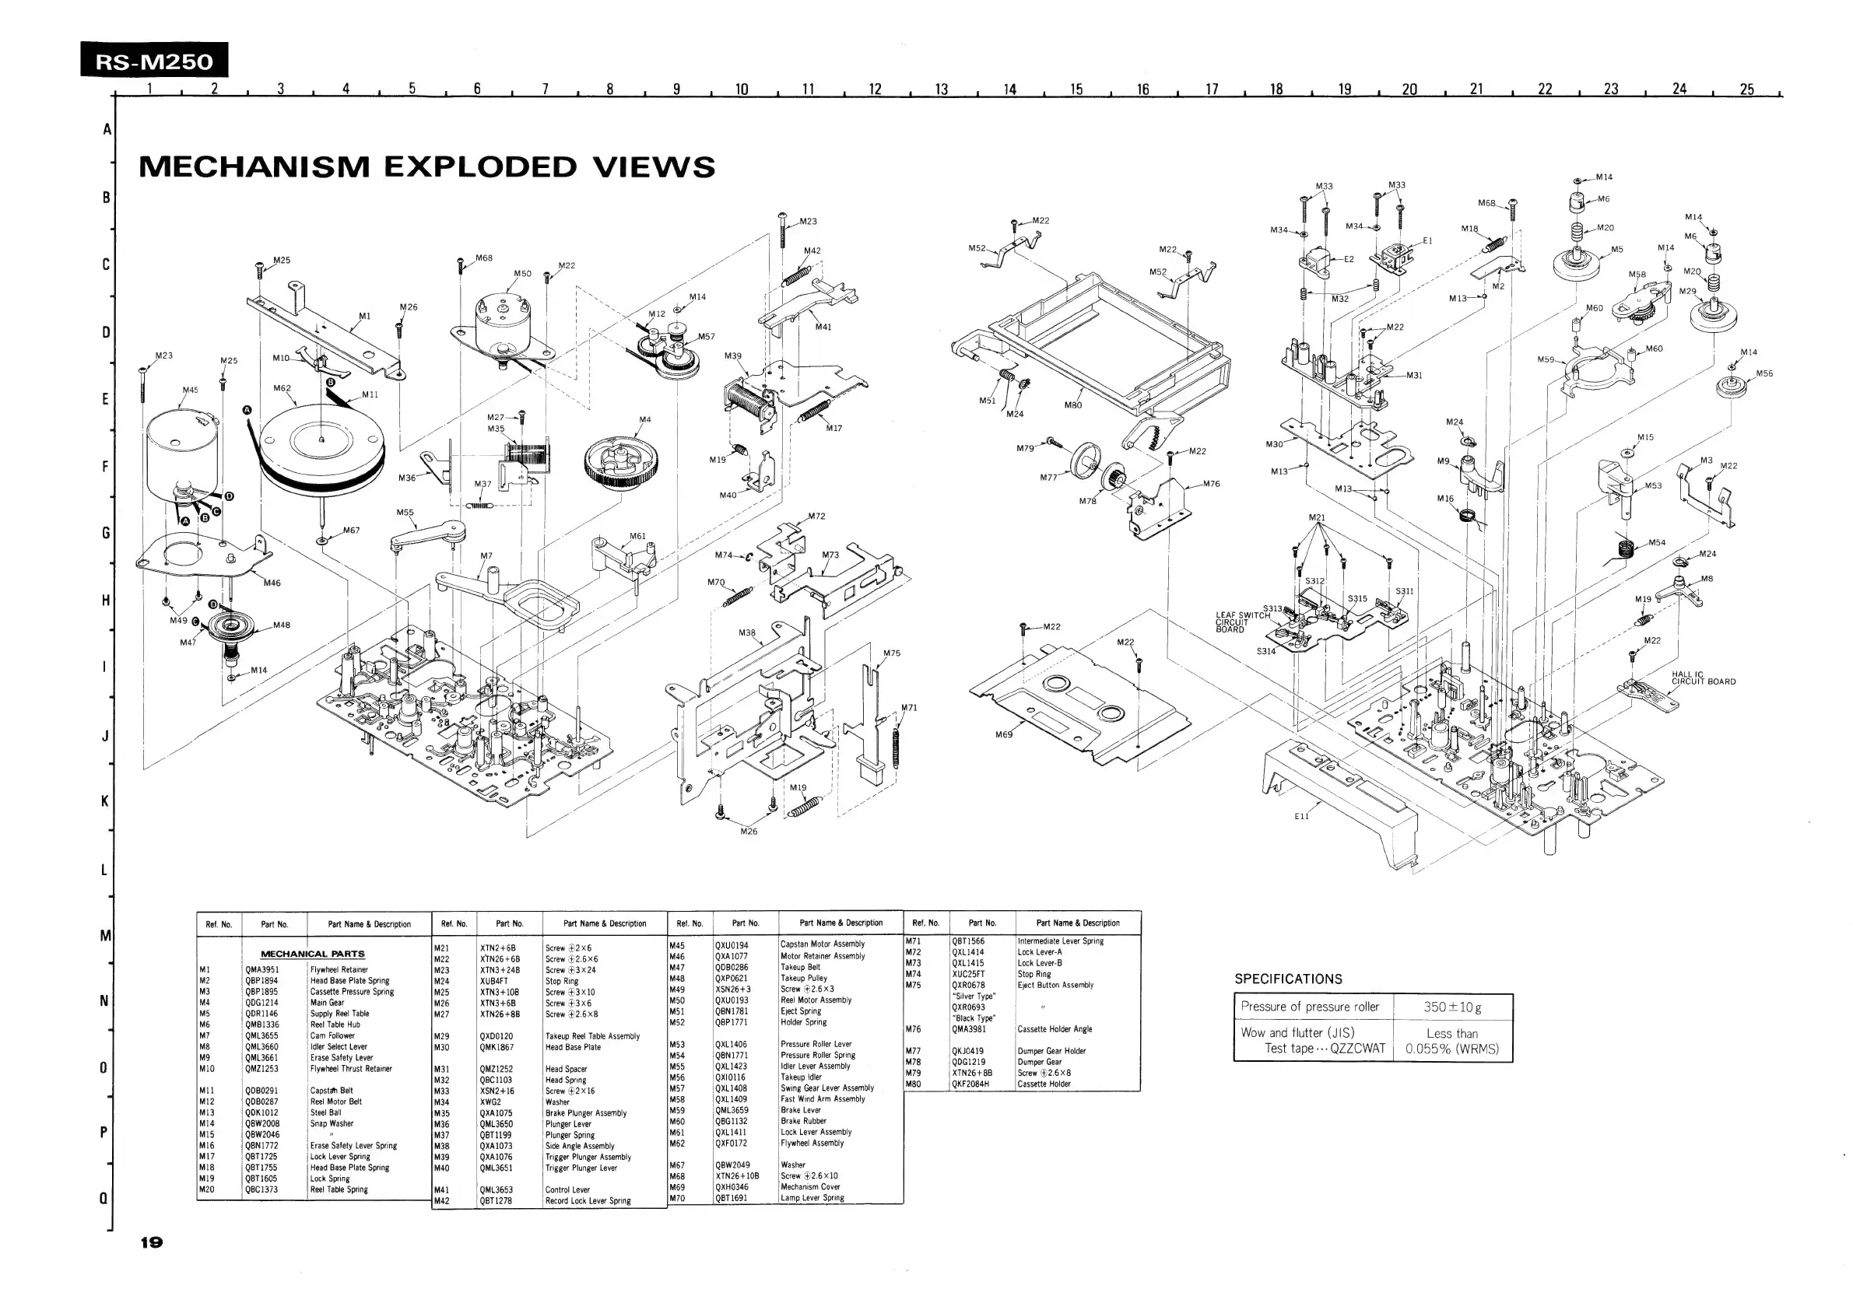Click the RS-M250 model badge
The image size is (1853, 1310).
coord(154,61)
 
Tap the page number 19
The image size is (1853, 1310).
coord(152,1242)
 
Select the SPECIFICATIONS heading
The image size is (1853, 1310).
coord(1288,979)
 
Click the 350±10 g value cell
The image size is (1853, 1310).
coord(1452,1007)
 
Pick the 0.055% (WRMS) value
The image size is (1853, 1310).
coord(1452,1049)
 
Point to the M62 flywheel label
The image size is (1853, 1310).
coord(282,388)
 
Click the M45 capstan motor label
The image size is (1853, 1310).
coord(190,390)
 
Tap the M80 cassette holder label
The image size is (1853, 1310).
coord(1072,405)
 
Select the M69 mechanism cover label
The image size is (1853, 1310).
coord(1003,735)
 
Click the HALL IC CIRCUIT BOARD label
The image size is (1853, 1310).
coord(1703,678)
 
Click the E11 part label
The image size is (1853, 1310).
coord(1301,815)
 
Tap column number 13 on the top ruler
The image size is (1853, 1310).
coord(941,89)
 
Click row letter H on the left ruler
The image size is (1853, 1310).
coord(105,600)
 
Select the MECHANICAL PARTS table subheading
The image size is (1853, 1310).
coord(312,954)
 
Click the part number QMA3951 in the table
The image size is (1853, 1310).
coord(262,969)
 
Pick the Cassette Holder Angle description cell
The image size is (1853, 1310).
coord(1054,1029)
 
